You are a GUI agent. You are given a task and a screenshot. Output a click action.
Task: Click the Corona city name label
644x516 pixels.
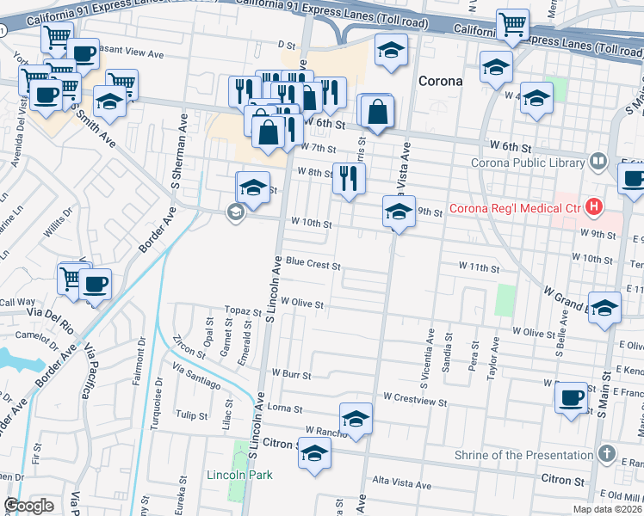point(441,81)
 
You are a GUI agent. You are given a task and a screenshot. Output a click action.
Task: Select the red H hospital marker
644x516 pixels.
point(592,206)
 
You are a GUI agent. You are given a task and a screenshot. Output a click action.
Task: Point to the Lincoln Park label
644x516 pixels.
point(239,475)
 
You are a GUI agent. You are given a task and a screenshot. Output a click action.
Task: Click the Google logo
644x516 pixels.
point(28,506)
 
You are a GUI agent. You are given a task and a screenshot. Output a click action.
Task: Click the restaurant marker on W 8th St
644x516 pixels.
point(349,179)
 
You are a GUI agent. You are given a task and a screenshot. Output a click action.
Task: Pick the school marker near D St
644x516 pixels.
point(391,51)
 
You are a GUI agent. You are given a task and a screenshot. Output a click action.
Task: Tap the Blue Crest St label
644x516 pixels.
point(313,262)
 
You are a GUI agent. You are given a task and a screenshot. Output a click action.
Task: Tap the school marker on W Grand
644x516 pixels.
point(605,310)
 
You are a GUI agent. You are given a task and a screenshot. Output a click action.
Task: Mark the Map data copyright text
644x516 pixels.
point(606,509)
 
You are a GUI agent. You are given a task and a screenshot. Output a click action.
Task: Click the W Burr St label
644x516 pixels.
point(290,374)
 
